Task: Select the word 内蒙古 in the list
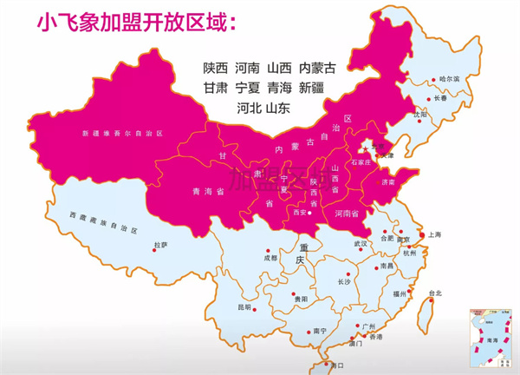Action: point(316,67)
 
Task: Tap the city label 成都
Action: point(270,258)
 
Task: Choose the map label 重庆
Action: point(301,260)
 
